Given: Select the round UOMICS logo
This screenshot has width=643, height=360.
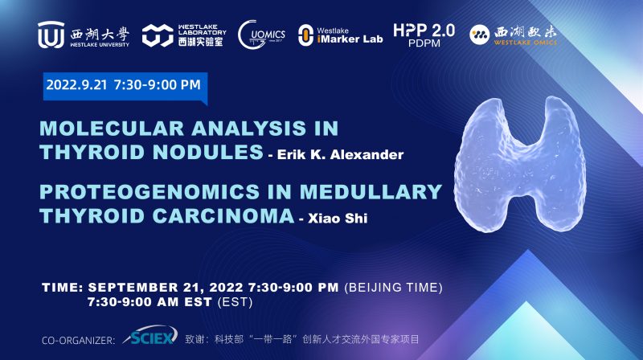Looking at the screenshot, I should (x=261, y=35).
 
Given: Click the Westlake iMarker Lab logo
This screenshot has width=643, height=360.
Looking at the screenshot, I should (x=337, y=35).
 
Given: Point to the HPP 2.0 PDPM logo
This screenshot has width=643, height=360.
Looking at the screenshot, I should (x=424, y=35).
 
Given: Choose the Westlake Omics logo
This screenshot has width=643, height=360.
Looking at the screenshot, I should (x=514, y=35).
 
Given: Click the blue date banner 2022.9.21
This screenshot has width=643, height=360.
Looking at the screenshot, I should (x=124, y=83).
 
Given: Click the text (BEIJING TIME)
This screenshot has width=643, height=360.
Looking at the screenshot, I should (x=394, y=288).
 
